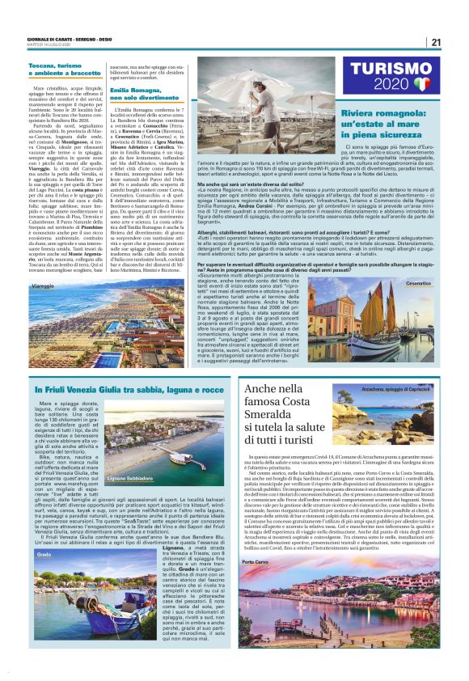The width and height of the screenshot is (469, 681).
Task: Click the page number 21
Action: pyautogui.click(x=436, y=43)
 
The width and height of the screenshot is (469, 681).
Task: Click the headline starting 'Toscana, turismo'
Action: pyautogui.click(x=64, y=68)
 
